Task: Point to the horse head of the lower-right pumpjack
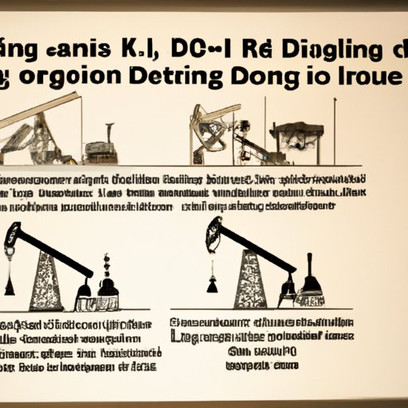(x=214, y=233)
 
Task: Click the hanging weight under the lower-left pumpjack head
(x=10, y=280)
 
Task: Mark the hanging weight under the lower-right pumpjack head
(x=214, y=283)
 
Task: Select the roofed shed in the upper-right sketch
(x=297, y=137)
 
